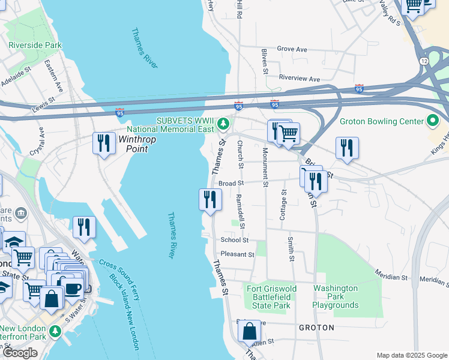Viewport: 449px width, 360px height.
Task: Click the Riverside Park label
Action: [x=35, y=45]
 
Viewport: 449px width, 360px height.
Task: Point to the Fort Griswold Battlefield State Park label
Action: [x=271, y=297]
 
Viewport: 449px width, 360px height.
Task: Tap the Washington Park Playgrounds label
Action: [x=335, y=297]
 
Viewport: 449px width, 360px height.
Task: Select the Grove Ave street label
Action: [x=292, y=49]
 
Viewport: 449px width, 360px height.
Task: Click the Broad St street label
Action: [x=230, y=184]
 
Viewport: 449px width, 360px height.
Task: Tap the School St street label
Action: [x=234, y=239]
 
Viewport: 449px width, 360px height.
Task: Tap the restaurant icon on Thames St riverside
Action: [x=210, y=199]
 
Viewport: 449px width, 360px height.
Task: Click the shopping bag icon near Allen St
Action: [x=249, y=331]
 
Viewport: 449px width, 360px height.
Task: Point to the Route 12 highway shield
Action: [x=424, y=61]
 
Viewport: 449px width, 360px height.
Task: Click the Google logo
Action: [x=20, y=353]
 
